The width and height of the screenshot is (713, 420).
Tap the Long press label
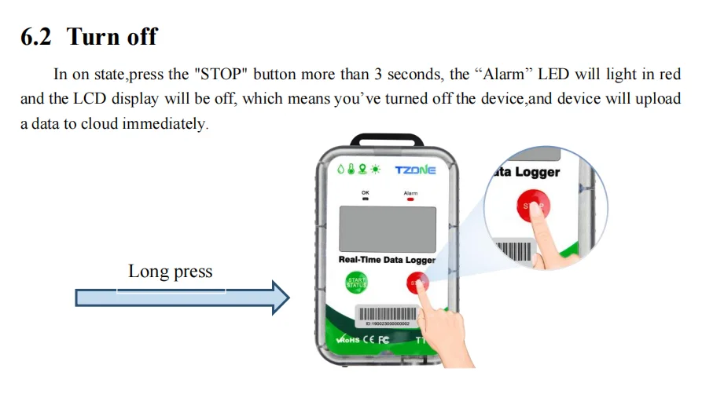pos(170,272)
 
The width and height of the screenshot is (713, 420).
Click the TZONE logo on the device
pos(414,169)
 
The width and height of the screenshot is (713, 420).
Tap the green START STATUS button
pos(356,283)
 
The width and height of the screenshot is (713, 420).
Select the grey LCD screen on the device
pos(386,228)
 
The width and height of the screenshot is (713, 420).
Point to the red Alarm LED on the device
pos(410,199)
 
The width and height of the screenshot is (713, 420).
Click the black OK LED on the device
pos(364,199)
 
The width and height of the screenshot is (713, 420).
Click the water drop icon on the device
pos(341,169)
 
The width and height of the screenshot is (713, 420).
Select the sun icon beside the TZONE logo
pos(376,169)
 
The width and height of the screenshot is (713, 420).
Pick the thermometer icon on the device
pos(351,169)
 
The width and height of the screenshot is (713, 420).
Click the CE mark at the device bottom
pos(368,340)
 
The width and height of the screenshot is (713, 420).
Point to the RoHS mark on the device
pos(347,341)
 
